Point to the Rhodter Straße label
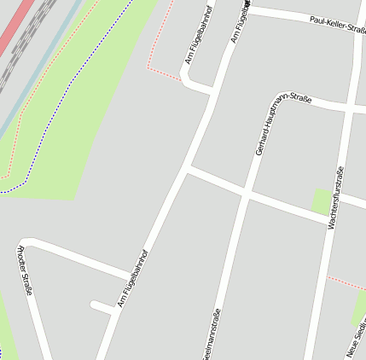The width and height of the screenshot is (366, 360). pos(26,270)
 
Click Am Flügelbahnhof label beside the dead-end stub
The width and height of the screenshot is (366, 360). pos(133,278)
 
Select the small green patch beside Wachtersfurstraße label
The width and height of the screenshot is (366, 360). pos(321,200)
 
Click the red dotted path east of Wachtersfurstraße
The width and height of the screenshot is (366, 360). pos(346,282)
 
